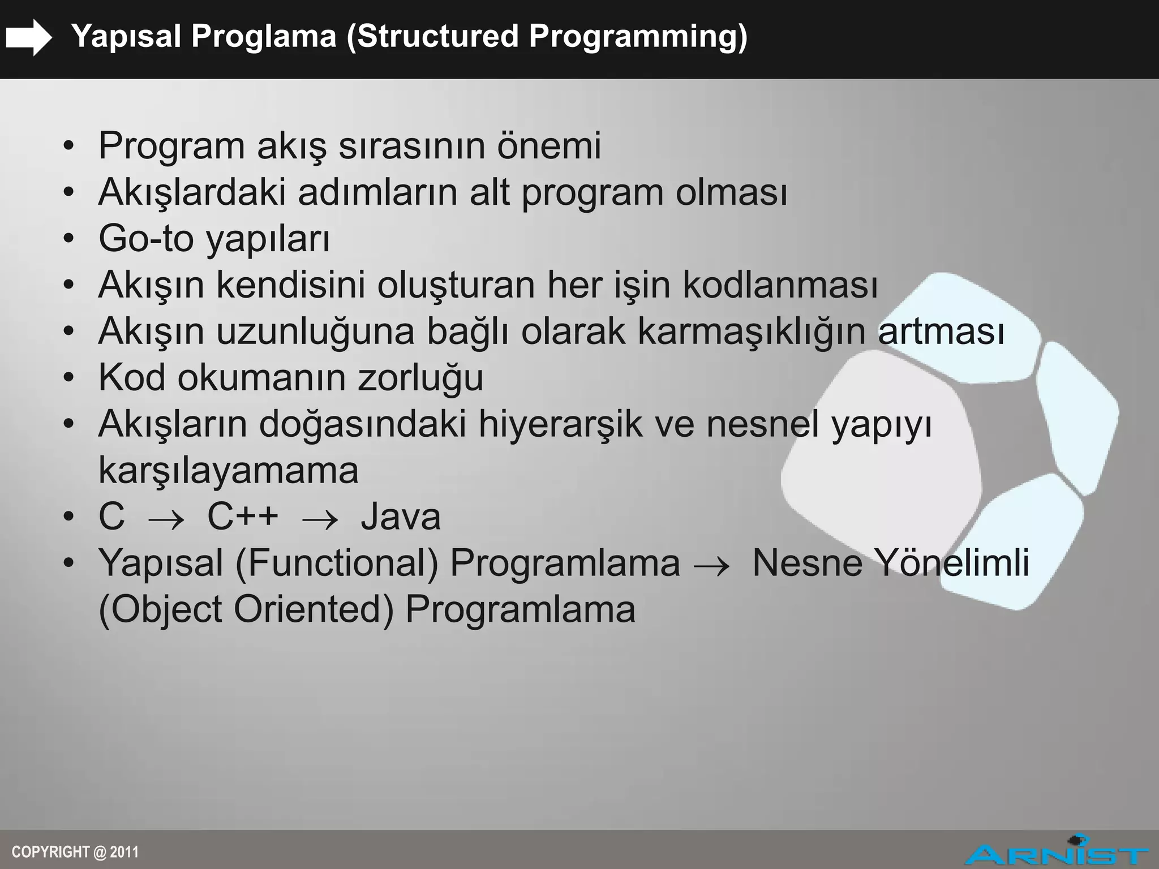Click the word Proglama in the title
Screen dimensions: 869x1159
click(264, 37)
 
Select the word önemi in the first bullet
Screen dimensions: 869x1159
click(548, 145)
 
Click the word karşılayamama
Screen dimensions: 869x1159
click(228, 471)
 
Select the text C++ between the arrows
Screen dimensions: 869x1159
click(243, 517)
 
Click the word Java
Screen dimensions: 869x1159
click(401, 517)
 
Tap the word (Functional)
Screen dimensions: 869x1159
click(337, 563)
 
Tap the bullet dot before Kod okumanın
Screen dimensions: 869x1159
click(68, 378)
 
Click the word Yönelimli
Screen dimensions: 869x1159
click(952, 563)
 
